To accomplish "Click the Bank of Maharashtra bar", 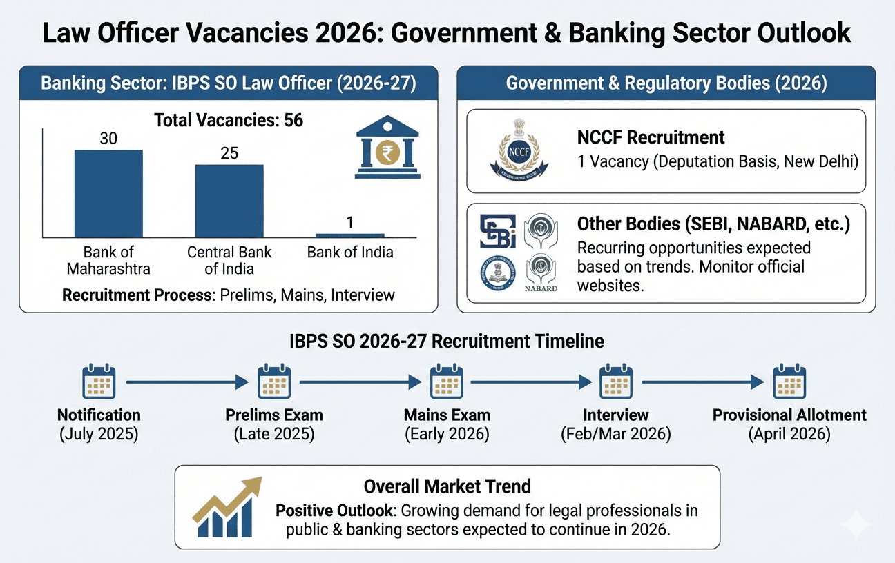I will coord(108,194).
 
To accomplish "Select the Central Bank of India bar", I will coord(229,201).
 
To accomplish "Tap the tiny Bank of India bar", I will coord(350,236).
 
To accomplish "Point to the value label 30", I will coord(108,139).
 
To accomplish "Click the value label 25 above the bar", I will coord(229,153).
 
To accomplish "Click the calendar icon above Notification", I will coord(99,382).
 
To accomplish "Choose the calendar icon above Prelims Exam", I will coord(274,382).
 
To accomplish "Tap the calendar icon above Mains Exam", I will coord(447,382).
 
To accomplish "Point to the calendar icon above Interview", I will coord(615,382).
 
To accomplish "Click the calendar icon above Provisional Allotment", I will coord(789,382).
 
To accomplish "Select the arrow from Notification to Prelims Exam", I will coord(187,382).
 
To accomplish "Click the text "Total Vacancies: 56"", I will coord(229,120).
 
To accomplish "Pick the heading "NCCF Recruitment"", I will coord(651,137).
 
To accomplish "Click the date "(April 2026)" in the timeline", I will coord(789,435).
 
